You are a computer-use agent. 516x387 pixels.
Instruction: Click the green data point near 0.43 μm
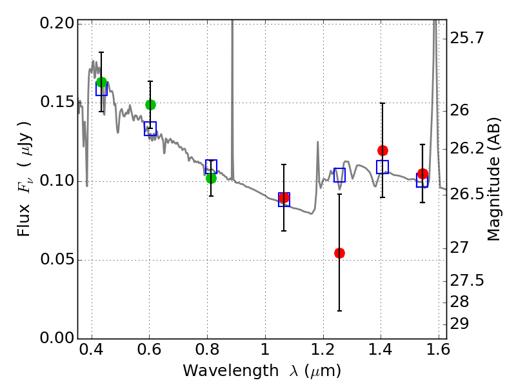(x=101, y=82)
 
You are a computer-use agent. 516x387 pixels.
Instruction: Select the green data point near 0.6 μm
(x=150, y=104)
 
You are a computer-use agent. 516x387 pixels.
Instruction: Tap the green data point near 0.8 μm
(x=211, y=178)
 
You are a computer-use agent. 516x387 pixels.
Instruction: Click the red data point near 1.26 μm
(x=339, y=253)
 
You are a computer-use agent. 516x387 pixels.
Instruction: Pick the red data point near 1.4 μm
(x=382, y=150)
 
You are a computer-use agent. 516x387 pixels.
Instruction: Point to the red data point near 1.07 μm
(x=284, y=197)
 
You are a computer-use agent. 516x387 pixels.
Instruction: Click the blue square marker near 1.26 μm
(x=339, y=175)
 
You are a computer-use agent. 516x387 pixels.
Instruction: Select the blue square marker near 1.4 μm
(x=382, y=167)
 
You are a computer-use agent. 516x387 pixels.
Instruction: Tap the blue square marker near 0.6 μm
(x=150, y=128)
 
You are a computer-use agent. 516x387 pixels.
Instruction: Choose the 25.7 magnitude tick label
(x=467, y=39)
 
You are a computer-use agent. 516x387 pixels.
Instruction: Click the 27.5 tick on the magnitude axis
(x=467, y=281)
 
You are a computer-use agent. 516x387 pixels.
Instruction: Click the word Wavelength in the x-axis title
(x=220, y=371)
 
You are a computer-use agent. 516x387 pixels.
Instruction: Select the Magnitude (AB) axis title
(x=495, y=179)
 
